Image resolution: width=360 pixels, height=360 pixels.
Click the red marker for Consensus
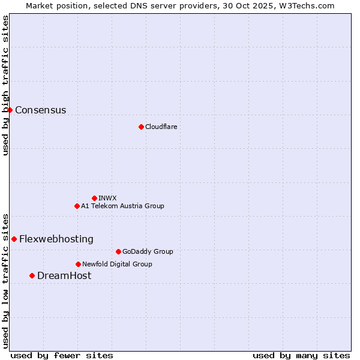tap(10, 110)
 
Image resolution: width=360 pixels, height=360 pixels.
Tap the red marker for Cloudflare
tap(141, 127)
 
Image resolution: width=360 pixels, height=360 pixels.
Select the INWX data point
tap(94, 198)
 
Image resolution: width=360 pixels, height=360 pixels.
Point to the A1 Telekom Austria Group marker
tap(77, 206)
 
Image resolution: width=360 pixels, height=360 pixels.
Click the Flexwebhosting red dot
tap(14, 239)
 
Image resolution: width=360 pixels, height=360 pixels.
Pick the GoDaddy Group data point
tap(118, 251)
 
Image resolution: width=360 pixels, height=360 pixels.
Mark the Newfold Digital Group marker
tap(78, 264)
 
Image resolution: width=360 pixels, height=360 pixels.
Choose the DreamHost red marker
tap(32, 275)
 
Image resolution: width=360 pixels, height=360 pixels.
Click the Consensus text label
tap(40, 110)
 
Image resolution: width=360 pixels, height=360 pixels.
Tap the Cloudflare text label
tap(161, 127)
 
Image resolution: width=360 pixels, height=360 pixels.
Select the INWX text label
tap(107, 198)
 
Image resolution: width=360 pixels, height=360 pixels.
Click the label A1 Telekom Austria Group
tap(122, 206)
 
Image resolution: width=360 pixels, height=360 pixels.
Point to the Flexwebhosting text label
tap(56, 239)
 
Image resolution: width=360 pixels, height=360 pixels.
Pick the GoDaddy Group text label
tap(148, 251)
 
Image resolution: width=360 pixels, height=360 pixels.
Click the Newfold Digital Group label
tap(117, 264)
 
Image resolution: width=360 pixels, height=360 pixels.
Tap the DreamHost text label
tap(64, 275)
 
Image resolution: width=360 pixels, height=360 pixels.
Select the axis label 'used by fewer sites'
tap(62, 355)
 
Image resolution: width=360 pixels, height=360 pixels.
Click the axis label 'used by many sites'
tap(301, 355)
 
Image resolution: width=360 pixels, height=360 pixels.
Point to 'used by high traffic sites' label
tap(5, 85)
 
